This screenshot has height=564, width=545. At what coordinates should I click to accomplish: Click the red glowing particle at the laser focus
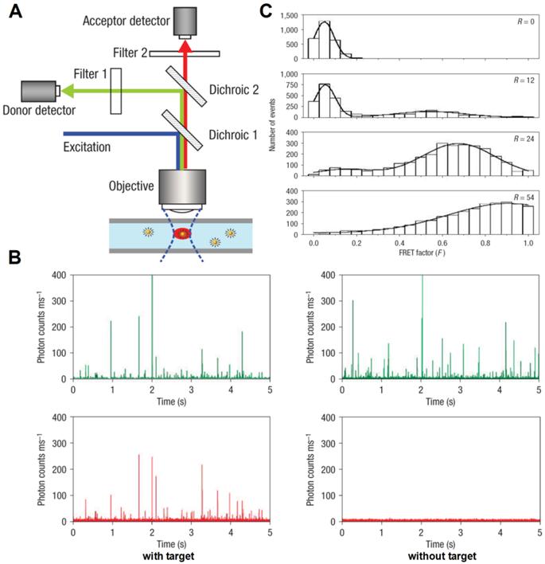coord(182,233)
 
